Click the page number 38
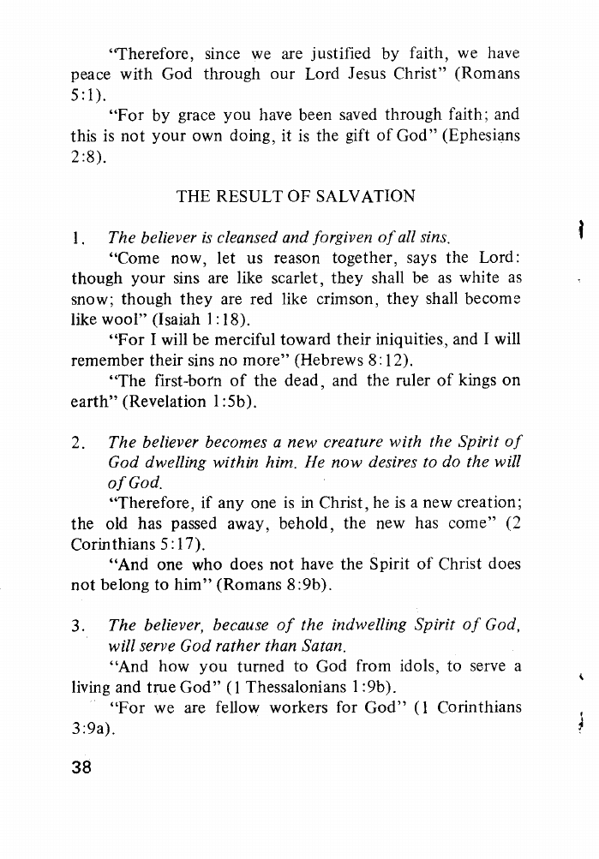[82, 790]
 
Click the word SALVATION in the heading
[362, 196]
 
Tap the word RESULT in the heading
[249, 196]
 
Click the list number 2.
[76, 443]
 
